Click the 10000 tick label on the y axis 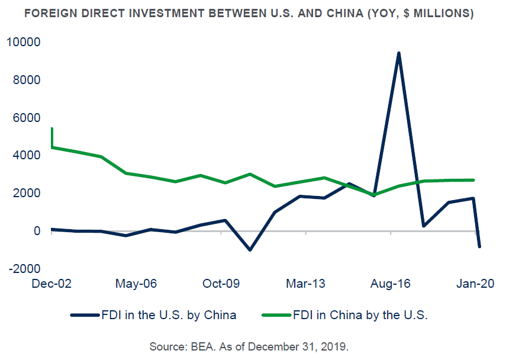[22, 42]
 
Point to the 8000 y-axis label [25, 80]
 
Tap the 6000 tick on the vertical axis [25, 118]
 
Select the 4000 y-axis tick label [25, 155]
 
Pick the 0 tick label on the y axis [36, 231]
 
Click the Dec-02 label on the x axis [51, 284]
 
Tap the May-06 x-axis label [137, 284]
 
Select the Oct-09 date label [221, 284]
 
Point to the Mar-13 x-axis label [306, 284]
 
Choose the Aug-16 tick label [391, 284]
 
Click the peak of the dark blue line [399, 53]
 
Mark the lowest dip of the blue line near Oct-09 [250, 250]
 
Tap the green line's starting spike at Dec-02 [52, 128]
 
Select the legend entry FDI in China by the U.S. [359, 315]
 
